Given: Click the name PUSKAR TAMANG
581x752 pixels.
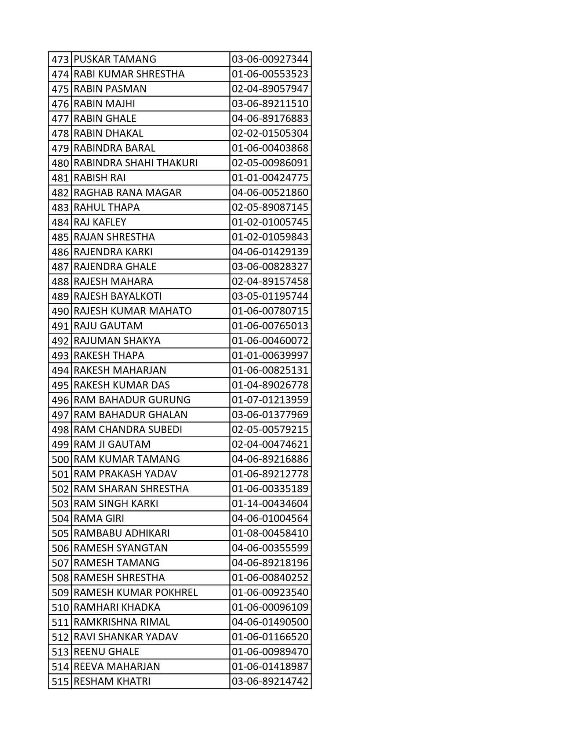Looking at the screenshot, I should pos(115,59).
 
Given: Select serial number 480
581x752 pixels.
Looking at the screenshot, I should pos(60,163).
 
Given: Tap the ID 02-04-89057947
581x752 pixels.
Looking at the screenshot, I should pos(270,89).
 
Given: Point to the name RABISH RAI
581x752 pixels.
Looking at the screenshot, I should pos(99,178).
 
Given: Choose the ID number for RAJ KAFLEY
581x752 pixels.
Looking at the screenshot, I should pos(270,222).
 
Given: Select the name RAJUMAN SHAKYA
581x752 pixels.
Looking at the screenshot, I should pos(117,341).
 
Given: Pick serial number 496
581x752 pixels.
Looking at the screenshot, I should pos(60,400).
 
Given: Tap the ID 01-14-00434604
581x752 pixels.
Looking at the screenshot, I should pos(270,503).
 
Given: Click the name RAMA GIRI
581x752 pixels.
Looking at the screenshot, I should pos(99,518).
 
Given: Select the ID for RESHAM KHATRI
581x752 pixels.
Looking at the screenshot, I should pos(270,681).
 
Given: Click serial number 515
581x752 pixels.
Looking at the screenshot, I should pos(60,681).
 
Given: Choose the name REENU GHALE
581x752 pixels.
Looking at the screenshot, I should pos(106,652).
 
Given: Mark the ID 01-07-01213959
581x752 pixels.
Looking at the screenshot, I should pos(270,400).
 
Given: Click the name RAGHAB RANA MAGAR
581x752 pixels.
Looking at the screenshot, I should pos(128,192).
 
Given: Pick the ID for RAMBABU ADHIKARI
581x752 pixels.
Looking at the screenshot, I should pos(270,533).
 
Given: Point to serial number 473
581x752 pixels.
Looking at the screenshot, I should pos(60,59).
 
